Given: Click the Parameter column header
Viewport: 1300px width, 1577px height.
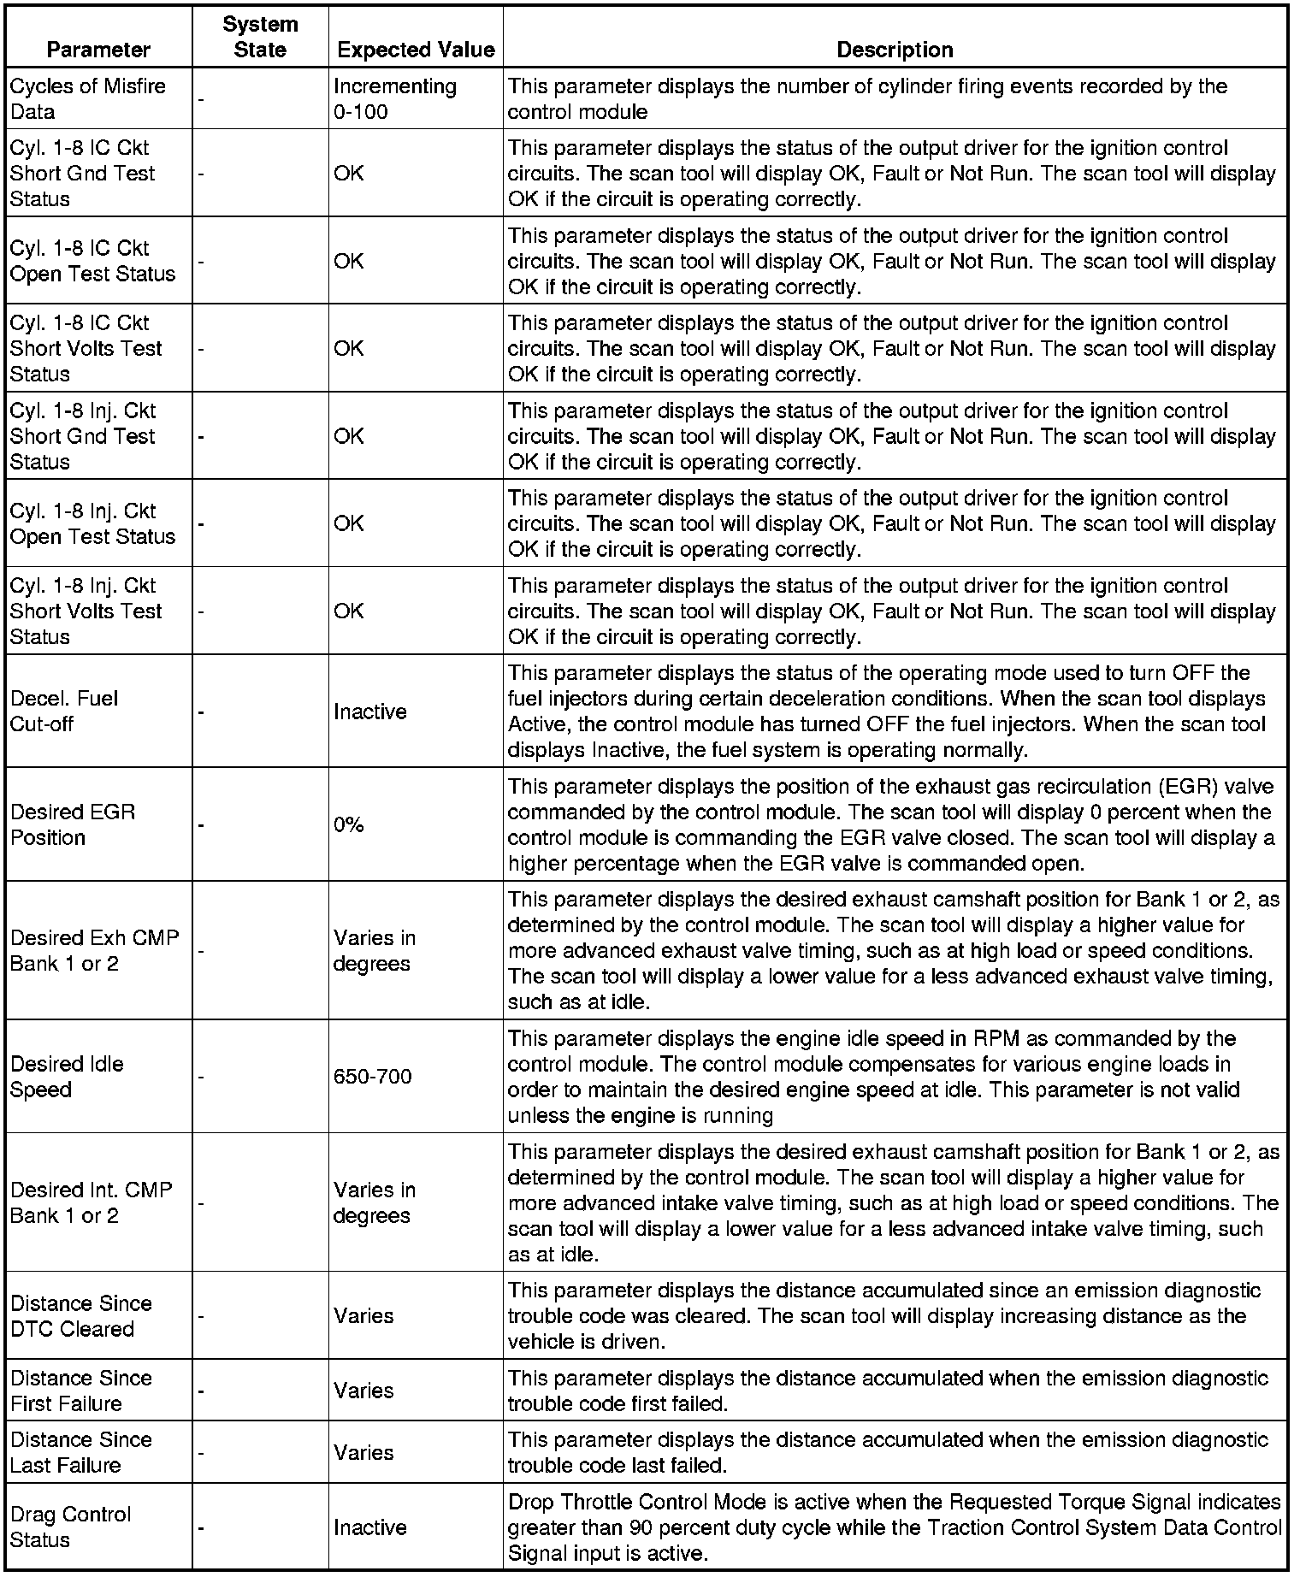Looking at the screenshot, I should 98,50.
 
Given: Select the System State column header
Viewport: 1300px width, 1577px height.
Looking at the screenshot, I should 260,37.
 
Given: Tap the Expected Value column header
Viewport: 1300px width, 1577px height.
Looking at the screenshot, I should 416,50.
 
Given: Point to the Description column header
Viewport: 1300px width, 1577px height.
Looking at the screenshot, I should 895,50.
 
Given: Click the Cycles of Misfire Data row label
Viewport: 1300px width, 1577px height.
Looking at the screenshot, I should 88,99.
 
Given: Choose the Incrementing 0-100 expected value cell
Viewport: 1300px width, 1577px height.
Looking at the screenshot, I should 395,99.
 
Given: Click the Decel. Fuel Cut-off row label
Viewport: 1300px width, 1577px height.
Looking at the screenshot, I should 64,711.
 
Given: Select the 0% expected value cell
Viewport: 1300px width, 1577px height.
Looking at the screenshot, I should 349,824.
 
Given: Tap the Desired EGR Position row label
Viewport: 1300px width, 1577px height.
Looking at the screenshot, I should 73,824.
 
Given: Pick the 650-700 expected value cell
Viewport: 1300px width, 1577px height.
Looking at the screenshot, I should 373,1076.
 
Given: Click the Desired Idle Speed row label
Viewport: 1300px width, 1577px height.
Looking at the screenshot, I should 67,1077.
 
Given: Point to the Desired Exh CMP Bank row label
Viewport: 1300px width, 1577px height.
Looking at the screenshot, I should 94,950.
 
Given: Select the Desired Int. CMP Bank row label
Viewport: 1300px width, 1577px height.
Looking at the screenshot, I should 91,1202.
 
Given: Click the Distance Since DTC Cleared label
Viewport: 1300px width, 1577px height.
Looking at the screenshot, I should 80,1316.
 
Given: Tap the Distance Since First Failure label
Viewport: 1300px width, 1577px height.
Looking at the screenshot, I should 80,1391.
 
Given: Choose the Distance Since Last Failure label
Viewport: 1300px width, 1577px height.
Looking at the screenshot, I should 80,1452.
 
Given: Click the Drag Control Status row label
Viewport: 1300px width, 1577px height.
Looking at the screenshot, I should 70,1527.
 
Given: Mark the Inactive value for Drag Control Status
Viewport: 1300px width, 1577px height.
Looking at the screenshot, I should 370,1527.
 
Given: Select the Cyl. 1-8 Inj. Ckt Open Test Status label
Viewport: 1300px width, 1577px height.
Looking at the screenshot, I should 92,523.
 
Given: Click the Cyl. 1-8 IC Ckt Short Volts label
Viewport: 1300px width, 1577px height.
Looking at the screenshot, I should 86,348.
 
